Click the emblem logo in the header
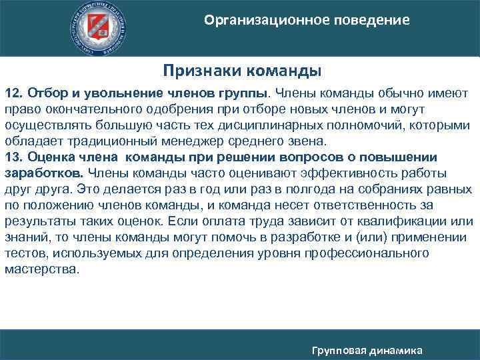[100, 28]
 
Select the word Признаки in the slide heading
[204, 69]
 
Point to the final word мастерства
[50, 271]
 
